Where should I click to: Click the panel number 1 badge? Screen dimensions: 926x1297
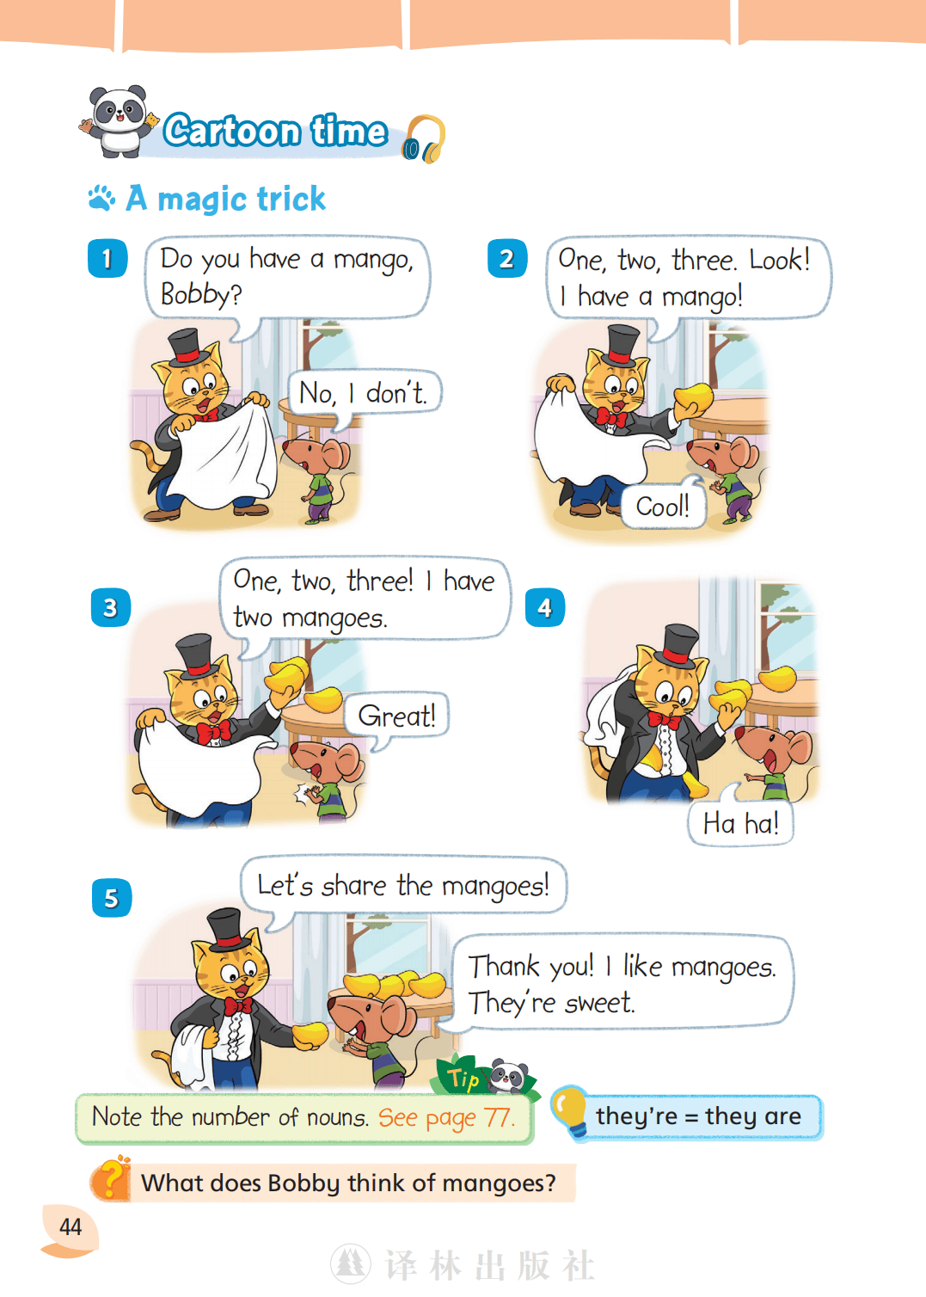coord(107,258)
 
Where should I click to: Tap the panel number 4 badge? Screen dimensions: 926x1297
coord(544,607)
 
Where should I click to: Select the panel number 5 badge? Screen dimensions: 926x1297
coord(112,898)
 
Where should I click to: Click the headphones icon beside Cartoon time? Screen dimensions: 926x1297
coord(424,139)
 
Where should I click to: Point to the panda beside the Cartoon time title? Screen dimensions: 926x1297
coord(120,121)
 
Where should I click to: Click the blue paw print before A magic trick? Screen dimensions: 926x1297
coord(101,198)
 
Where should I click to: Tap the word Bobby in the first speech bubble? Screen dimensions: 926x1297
coord(195,295)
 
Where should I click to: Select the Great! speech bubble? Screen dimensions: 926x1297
coord(396,716)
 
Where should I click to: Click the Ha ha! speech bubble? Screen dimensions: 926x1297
coord(740,823)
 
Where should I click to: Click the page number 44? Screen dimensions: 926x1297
coord(71,1227)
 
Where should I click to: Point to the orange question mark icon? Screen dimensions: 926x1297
coord(111,1180)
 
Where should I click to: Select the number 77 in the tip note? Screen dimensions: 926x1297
coord(497,1117)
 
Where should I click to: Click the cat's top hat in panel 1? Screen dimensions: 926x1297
coord(186,347)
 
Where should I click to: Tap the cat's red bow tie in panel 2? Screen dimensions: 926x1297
coord(611,417)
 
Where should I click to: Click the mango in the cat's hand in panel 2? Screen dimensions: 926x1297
coord(695,397)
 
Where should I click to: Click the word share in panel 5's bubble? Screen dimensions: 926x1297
coord(353,886)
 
